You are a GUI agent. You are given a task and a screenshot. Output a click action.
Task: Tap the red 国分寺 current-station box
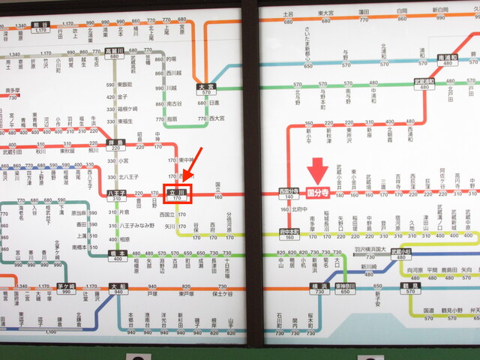tap(318, 192)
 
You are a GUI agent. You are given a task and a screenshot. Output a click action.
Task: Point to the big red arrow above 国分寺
tap(318, 170)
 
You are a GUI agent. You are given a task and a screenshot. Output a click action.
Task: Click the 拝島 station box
tap(115, 144)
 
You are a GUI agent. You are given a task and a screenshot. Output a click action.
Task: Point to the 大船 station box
tap(117, 288)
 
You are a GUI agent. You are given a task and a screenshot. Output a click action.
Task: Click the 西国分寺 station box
tap(289, 193)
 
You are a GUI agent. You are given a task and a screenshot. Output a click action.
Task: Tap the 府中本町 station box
tap(288, 234)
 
